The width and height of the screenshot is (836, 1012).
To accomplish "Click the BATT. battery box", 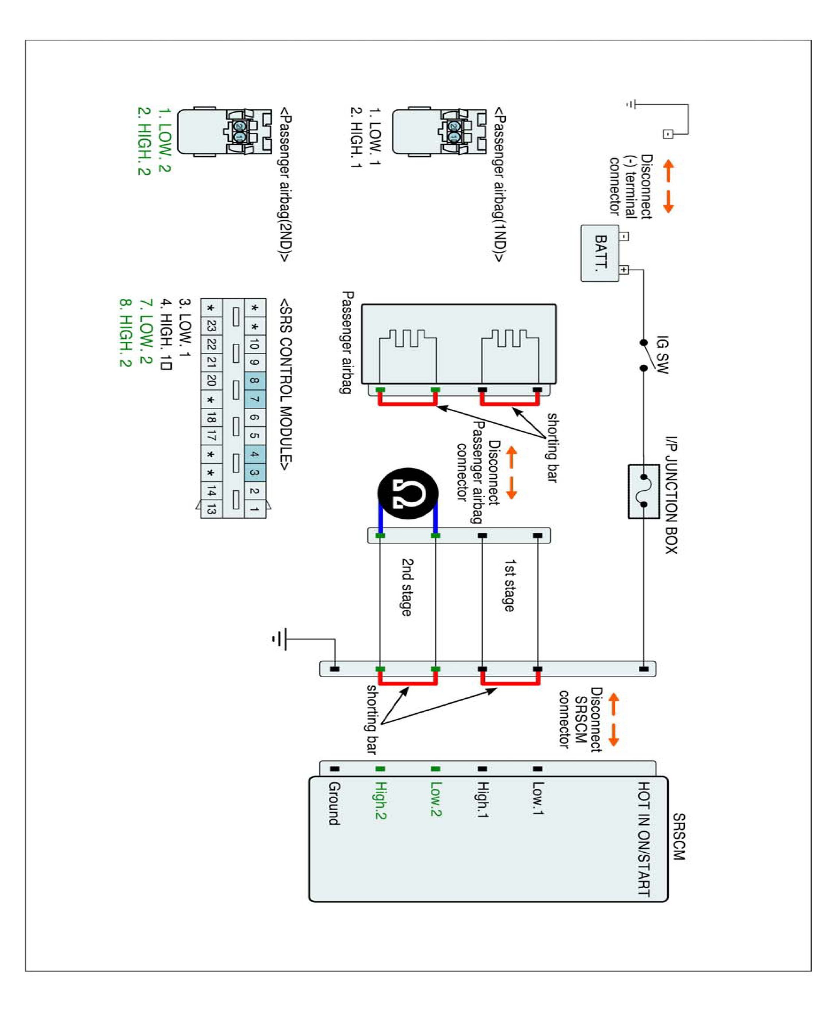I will pyautogui.click(x=600, y=253).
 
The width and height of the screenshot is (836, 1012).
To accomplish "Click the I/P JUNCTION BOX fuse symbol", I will pyautogui.click(x=644, y=491).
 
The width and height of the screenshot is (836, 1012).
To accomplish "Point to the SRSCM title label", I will pyautogui.click(x=679, y=837).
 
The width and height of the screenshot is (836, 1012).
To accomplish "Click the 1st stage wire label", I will pyautogui.click(x=509, y=585).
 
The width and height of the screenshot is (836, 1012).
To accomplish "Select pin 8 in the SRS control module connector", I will pyautogui.click(x=254, y=381).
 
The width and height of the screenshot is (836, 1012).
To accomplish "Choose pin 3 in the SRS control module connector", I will pyautogui.click(x=254, y=472).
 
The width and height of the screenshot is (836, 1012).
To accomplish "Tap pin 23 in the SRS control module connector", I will pyautogui.click(x=211, y=326).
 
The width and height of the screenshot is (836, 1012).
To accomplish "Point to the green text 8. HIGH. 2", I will pyautogui.click(x=125, y=333).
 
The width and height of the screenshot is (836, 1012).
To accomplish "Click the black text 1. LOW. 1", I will pyautogui.click(x=374, y=137).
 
